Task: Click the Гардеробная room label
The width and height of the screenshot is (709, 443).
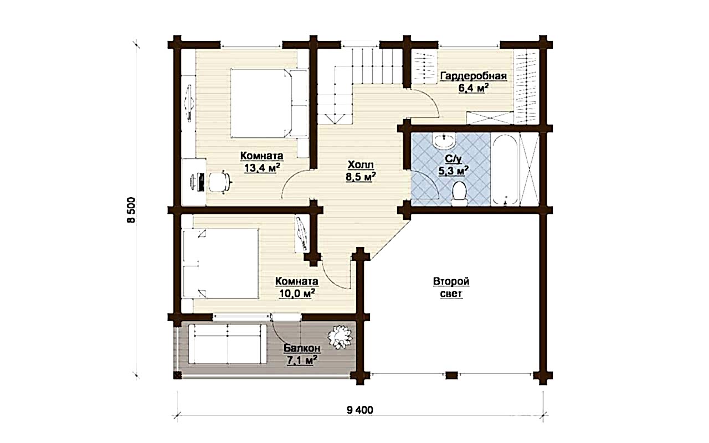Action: pyautogui.click(x=474, y=76)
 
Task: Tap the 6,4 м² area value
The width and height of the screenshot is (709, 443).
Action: pyautogui.click(x=473, y=88)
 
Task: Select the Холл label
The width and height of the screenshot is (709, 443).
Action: pyautogui.click(x=361, y=165)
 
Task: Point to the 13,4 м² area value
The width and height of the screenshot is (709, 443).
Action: pyautogui.click(x=262, y=168)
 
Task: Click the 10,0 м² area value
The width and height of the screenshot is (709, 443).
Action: pyautogui.click(x=297, y=293)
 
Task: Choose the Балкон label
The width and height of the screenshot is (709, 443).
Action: pyautogui.click(x=302, y=348)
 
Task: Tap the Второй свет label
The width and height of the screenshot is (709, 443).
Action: pyautogui.click(x=451, y=287)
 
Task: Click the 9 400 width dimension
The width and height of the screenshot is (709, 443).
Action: pyautogui.click(x=360, y=410)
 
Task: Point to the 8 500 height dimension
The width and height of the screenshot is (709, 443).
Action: pyautogui.click(x=131, y=210)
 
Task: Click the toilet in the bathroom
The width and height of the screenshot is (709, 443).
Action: pyautogui.click(x=459, y=193)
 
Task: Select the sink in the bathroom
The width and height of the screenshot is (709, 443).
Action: pyautogui.click(x=444, y=140)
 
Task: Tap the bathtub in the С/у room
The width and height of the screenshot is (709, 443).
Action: pyautogui.click(x=505, y=169)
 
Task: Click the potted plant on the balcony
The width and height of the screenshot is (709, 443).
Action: pyautogui.click(x=340, y=337)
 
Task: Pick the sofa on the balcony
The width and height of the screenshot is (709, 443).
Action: pyautogui.click(x=227, y=344)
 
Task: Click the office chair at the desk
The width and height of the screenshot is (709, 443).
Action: pyautogui.click(x=220, y=182)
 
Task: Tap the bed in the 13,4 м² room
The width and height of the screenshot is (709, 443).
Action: pyautogui.click(x=269, y=104)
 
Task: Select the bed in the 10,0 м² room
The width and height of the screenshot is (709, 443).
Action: pyautogui.click(x=220, y=263)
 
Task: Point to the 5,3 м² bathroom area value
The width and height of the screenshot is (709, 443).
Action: pyautogui.click(x=453, y=171)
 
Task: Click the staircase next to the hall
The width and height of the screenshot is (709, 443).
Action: pyautogui.click(x=360, y=85)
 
